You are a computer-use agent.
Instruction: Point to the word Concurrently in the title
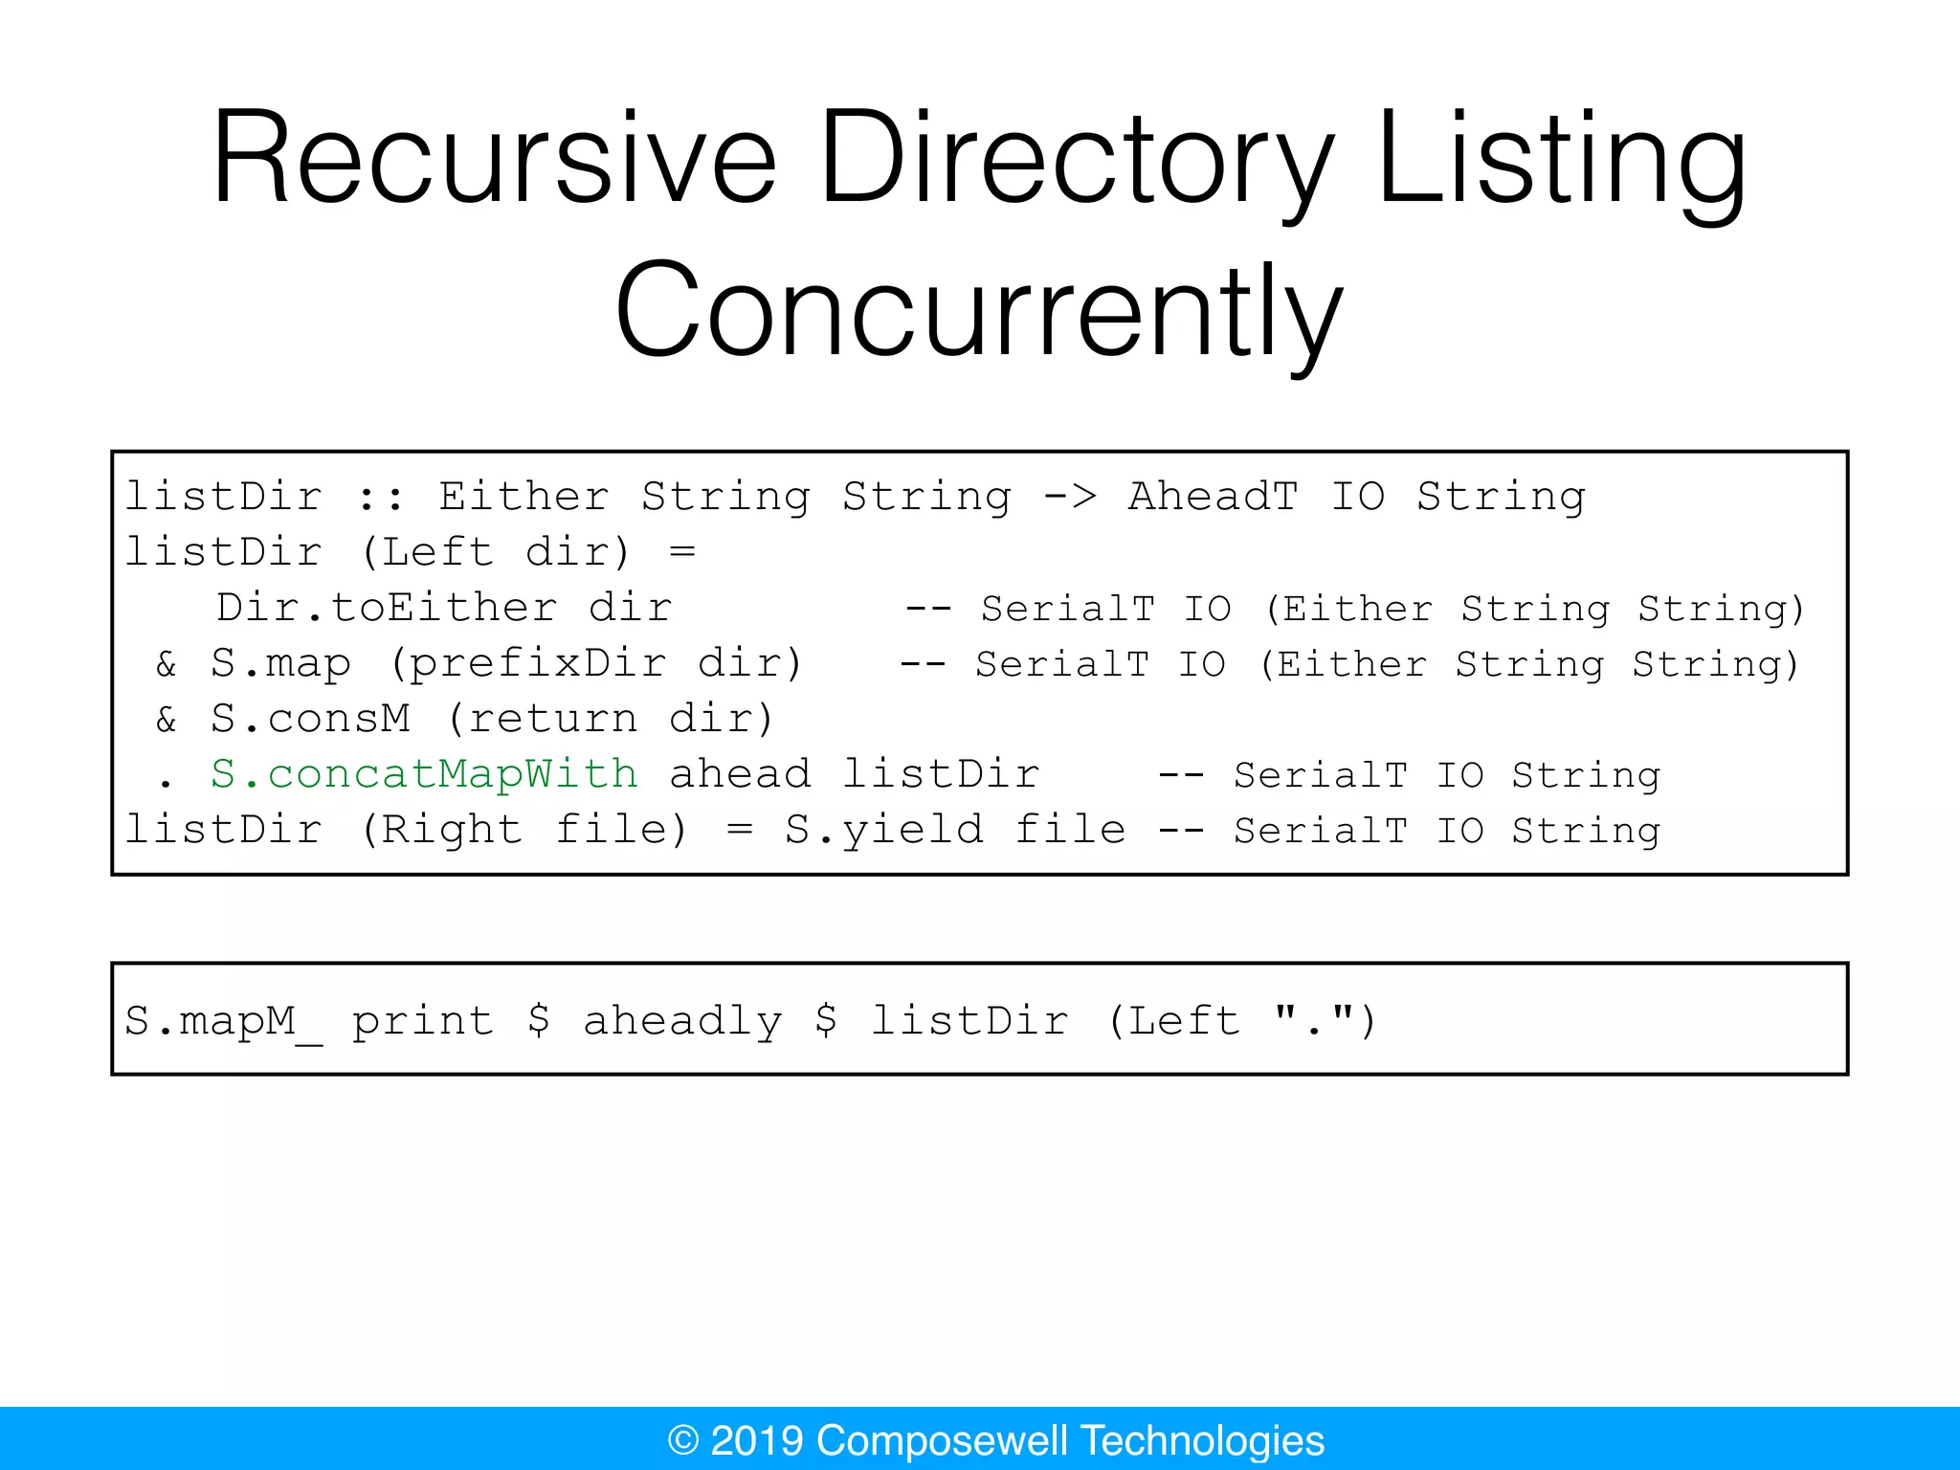(x=979, y=311)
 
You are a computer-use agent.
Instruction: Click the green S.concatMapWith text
(x=424, y=773)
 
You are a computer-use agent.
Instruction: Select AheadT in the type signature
(x=1214, y=496)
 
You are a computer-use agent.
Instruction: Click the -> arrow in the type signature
(x=1070, y=496)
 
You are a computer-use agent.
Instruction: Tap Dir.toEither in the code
(x=387, y=608)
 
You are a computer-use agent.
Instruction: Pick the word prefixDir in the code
(x=538, y=663)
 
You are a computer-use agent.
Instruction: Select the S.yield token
(x=883, y=829)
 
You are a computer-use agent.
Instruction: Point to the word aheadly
(x=682, y=1020)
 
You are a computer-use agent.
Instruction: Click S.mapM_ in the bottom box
(x=224, y=1020)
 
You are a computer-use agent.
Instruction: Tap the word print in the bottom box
(x=423, y=1020)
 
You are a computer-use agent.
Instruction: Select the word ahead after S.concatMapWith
(x=740, y=773)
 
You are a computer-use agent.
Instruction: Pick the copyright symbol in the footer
(x=683, y=1440)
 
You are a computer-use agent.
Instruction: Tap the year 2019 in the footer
(x=756, y=1440)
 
